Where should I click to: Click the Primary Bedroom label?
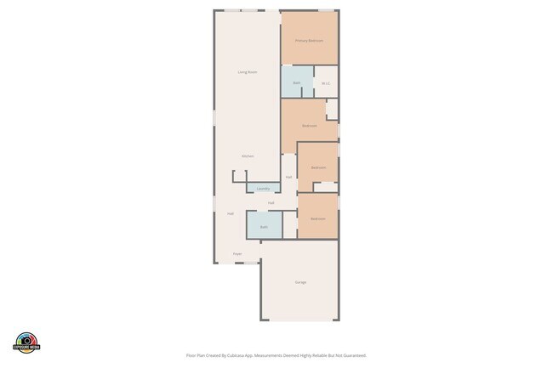(309, 41)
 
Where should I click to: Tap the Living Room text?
(247, 72)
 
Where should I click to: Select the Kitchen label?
(247, 156)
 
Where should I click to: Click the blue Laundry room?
(264, 188)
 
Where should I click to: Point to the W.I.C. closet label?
(326, 83)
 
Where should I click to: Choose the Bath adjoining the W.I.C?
(297, 82)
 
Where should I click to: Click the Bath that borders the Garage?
(264, 227)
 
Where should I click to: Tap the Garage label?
(300, 282)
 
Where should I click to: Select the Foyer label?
(237, 254)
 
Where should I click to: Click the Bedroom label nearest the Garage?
(317, 218)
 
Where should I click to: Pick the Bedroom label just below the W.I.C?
(310, 126)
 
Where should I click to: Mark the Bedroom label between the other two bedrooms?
(318, 167)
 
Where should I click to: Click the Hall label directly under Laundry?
(271, 203)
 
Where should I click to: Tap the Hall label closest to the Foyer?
(231, 213)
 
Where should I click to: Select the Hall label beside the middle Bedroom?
(289, 177)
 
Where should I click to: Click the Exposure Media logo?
(27, 342)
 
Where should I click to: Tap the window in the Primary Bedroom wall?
(326, 10)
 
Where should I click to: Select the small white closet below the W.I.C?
(332, 109)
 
